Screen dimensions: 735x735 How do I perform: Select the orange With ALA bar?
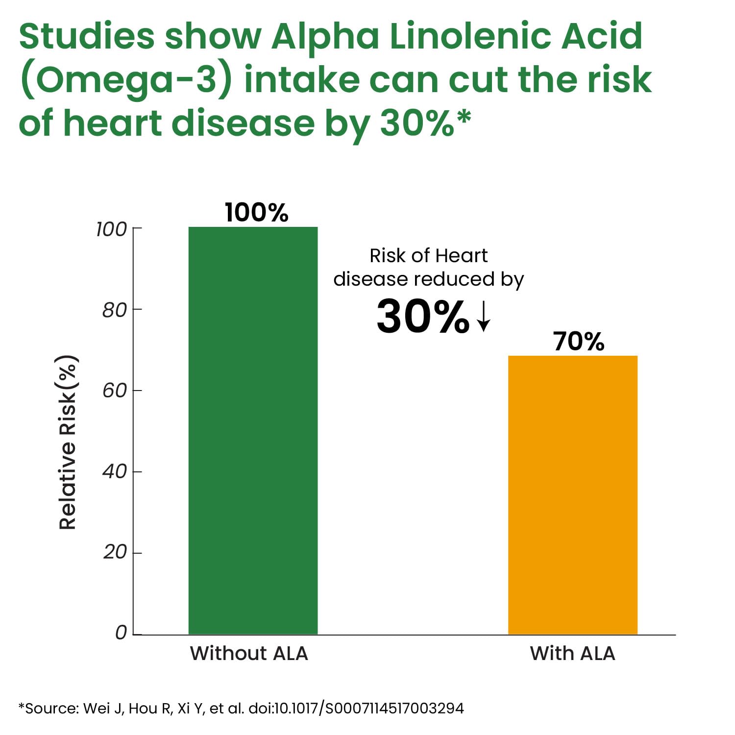pyautogui.click(x=572, y=495)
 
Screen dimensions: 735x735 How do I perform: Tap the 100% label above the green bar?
pyautogui.click(x=256, y=213)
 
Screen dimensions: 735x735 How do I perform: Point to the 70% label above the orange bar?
pyautogui.click(x=579, y=342)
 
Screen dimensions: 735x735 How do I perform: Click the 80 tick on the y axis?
pyautogui.click(x=115, y=310)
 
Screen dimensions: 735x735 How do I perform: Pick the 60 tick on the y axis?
pyautogui.click(x=115, y=391)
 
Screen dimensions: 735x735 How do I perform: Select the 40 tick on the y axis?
pyautogui.click(x=115, y=471)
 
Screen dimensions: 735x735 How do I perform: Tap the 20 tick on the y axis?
pyautogui.click(x=115, y=552)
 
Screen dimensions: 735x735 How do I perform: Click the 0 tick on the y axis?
pyautogui.click(x=121, y=633)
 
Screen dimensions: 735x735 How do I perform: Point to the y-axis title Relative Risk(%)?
pyautogui.click(x=68, y=442)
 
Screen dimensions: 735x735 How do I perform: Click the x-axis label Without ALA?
pyautogui.click(x=249, y=653)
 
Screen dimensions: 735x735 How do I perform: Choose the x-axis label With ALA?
pyautogui.click(x=572, y=653)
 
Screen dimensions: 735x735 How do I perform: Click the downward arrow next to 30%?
pyautogui.click(x=484, y=317)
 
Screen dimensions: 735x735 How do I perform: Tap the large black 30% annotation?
pyautogui.click(x=422, y=317)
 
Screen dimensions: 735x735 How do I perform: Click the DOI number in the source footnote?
pyautogui.click(x=356, y=709)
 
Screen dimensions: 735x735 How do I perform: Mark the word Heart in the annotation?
pyautogui.click(x=461, y=255)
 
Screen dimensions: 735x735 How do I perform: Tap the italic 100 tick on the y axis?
pyautogui.click(x=111, y=229)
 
